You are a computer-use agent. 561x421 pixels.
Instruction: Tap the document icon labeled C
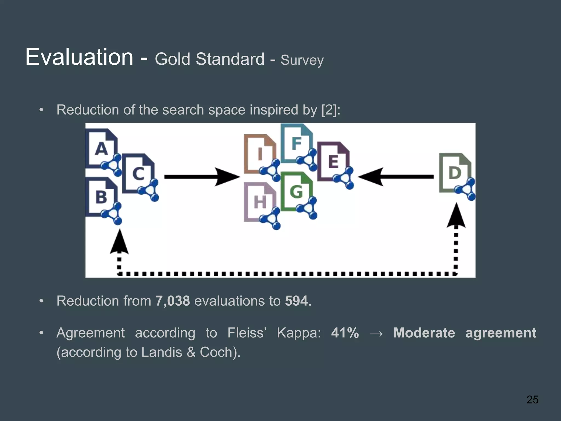[x=138, y=173]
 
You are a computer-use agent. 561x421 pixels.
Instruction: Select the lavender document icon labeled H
[x=260, y=202]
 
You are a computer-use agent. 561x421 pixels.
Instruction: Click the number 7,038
[x=173, y=301]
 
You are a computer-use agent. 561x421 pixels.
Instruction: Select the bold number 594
[x=296, y=301]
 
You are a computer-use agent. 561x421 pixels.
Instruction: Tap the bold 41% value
[x=345, y=333]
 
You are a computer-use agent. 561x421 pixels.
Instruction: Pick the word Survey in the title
[x=302, y=60]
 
